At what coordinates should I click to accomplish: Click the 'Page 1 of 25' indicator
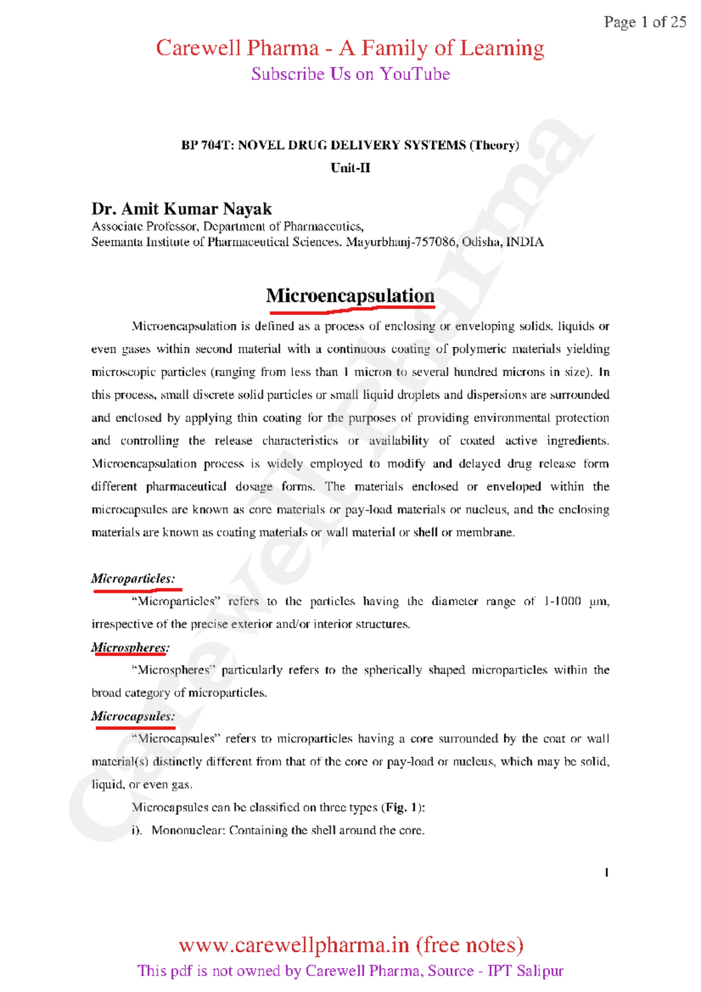click(644, 22)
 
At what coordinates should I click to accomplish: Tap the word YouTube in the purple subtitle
click(415, 74)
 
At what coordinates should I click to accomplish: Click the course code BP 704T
click(205, 145)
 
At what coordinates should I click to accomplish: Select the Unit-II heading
click(350, 168)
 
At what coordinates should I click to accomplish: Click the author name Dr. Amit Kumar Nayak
click(182, 209)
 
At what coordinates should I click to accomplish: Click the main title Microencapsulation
click(350, 296)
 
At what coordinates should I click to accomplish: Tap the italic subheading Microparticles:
click(133, 579)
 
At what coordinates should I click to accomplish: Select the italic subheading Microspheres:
click(130, 648)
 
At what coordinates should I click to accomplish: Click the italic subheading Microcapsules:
click(133, 716)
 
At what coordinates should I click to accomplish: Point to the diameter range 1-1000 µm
click(576, 602)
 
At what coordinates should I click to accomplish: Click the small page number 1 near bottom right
click(607, 873)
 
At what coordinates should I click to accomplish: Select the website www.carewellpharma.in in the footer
click(294, 945)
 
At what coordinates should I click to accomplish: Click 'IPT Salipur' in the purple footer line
click(526, 971)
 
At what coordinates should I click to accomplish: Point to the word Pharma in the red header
click(283, 48)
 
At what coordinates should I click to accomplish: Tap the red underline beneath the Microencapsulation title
click(350, 310)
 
